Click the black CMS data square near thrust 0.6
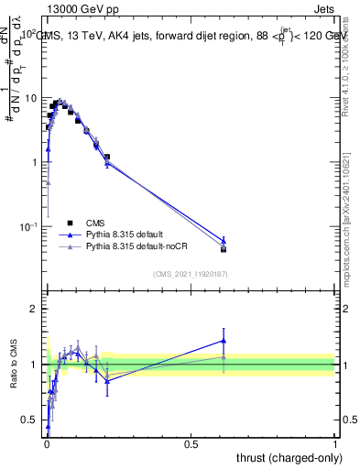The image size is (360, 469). pos(224,249)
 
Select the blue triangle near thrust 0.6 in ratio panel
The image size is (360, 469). pos(224,340)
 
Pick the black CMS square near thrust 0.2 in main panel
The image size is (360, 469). pos(107,157)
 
